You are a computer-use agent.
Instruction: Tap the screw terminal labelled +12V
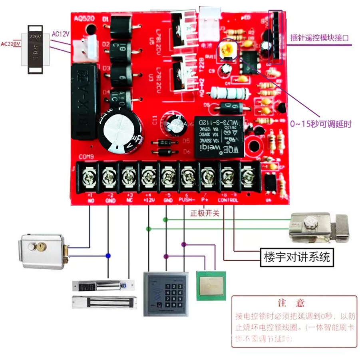149,176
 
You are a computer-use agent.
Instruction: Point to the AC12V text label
61,34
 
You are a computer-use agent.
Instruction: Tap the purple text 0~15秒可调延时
321,124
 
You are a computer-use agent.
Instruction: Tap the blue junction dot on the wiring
108,255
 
